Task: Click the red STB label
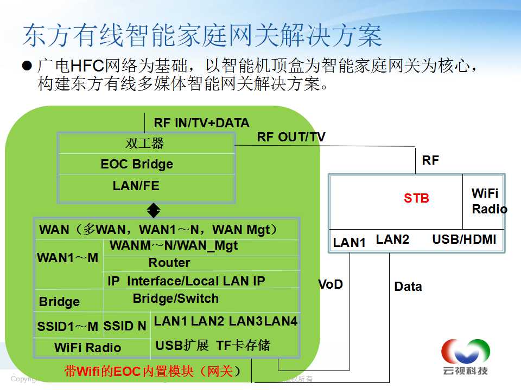point(416,198)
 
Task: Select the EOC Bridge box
point(146,164)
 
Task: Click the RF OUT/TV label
point(291,137)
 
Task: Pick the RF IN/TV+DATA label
point(201,123)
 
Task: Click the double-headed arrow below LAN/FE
point(154,210)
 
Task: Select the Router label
point(169,263)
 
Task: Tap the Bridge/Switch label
point(175,298)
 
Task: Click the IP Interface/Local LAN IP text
point(186,281)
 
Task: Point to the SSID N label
point(125,326)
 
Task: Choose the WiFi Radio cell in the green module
point(87,348)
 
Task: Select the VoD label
point(331,284)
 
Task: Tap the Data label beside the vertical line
point(408,287)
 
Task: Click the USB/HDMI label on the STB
point(464,239)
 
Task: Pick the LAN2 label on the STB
point(392,239)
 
